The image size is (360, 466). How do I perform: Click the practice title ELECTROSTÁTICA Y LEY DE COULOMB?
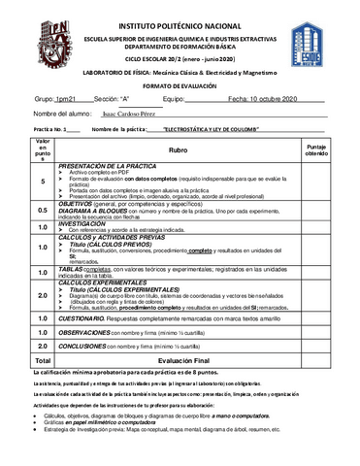click(x=213, y=128)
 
